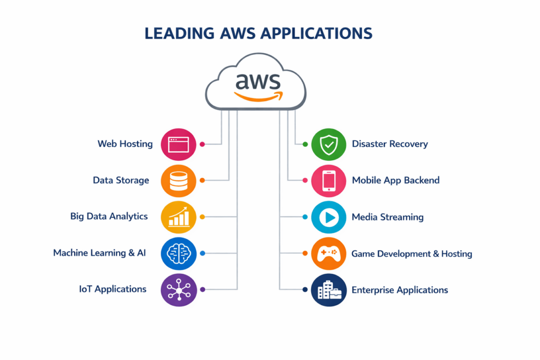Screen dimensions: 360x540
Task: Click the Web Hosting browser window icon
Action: pyautogui.click(x=178, y=144)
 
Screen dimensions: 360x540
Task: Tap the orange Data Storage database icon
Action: pyautogui.click(x=178, y=180)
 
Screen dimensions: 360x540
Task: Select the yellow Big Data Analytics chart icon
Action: pyautogui.click(x=178, y=217)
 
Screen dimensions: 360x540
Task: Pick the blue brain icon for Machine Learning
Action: pyautogui.click(x=178, y=253)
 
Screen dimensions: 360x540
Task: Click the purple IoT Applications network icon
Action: pyautogui.click(x=178, y=289)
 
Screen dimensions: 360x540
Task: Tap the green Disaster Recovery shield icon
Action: pyautogui.click(x=329, y=144)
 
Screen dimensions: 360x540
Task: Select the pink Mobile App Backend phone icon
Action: pyautogui.click(x=329, y=180)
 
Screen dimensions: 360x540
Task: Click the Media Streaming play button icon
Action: pyautogui.click(x=329, y=217)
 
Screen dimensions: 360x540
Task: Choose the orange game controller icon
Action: pyautogui.click(x=329, y=253)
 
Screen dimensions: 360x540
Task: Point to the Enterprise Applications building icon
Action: pyautogui.click(x=329, y=289)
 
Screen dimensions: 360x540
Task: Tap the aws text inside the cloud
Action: pyautogui.click(x=258, y=81)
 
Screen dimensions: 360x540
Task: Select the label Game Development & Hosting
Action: pyautogui.click(x=412, y=254)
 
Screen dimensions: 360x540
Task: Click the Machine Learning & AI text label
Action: pyautogui.click(x=99, y=253)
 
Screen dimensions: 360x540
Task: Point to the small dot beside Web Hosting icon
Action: pyautogui.click(x=202, y=144)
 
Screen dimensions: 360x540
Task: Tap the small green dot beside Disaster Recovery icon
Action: pyautogui.click(x=305, y=144)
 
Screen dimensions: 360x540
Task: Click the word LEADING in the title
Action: pyautogui.click(x=177, y=33)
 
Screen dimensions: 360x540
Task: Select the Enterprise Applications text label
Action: pyautogui.click(x=400, y=290)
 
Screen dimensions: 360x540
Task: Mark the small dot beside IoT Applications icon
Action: pyautogui.click(x=202, y=289)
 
